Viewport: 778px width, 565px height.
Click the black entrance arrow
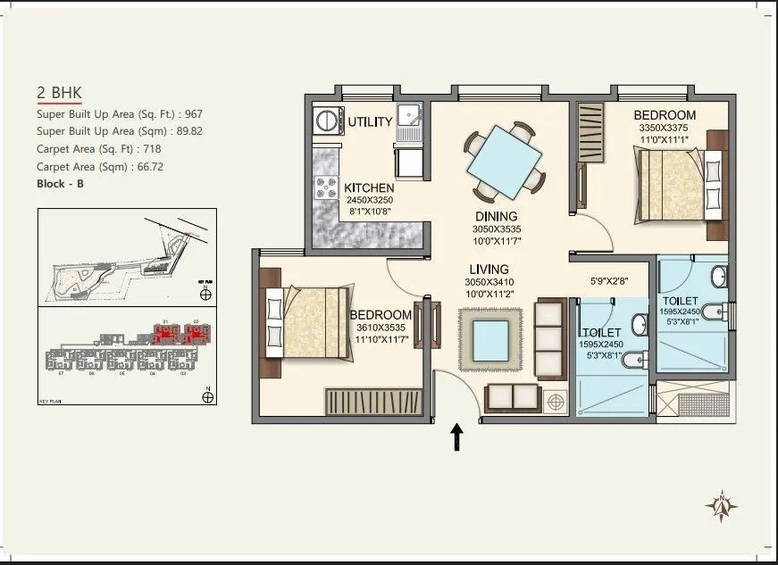click(x=457, y=436)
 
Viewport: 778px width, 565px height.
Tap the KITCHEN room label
click(x=370, y=188)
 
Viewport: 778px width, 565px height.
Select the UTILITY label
click(x=370, y=122)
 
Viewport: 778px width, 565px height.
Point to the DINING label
click(x=497, y=217)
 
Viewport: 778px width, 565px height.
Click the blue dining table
click(x=505, y=162)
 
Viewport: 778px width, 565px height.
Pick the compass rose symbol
click(x=721, y=506)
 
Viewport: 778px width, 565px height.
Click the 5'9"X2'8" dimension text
click(x=611, y=281)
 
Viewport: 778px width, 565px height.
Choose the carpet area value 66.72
click(x=149, y=167)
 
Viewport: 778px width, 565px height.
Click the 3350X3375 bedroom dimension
click(x=665, y=129)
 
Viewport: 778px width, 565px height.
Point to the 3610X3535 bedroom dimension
click(x=381, y=328)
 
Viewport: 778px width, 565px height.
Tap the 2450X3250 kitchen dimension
click(x=370, y=201)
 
